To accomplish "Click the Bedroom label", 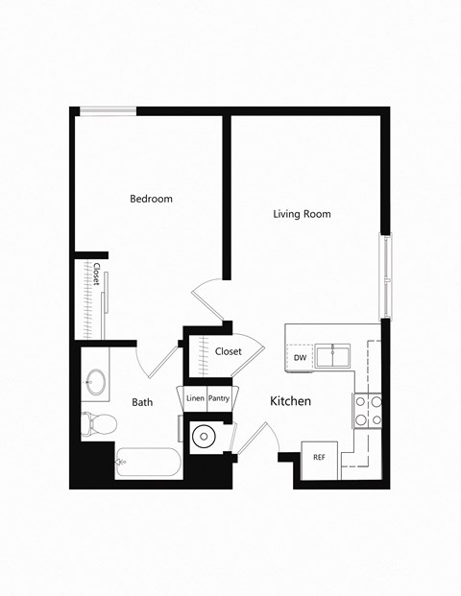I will (x=151, y=199).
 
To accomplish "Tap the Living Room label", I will (x=302, y=214).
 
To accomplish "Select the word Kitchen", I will (x=290, y=401).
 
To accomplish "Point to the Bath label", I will (x=143, y=403).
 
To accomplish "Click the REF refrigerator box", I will (x=319, y=458).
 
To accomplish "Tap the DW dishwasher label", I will (x=300, y=358).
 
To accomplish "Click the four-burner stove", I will (x=369, y=411).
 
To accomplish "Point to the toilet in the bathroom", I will (x=97, y=422).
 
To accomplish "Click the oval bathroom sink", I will (x=95, y=382).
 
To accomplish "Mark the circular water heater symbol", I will (x=205, y=437).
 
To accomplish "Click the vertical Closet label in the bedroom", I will (x=96, y=274).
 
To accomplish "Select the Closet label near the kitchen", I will (x=229, y=351).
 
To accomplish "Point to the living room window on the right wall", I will (x=386, y=275).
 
